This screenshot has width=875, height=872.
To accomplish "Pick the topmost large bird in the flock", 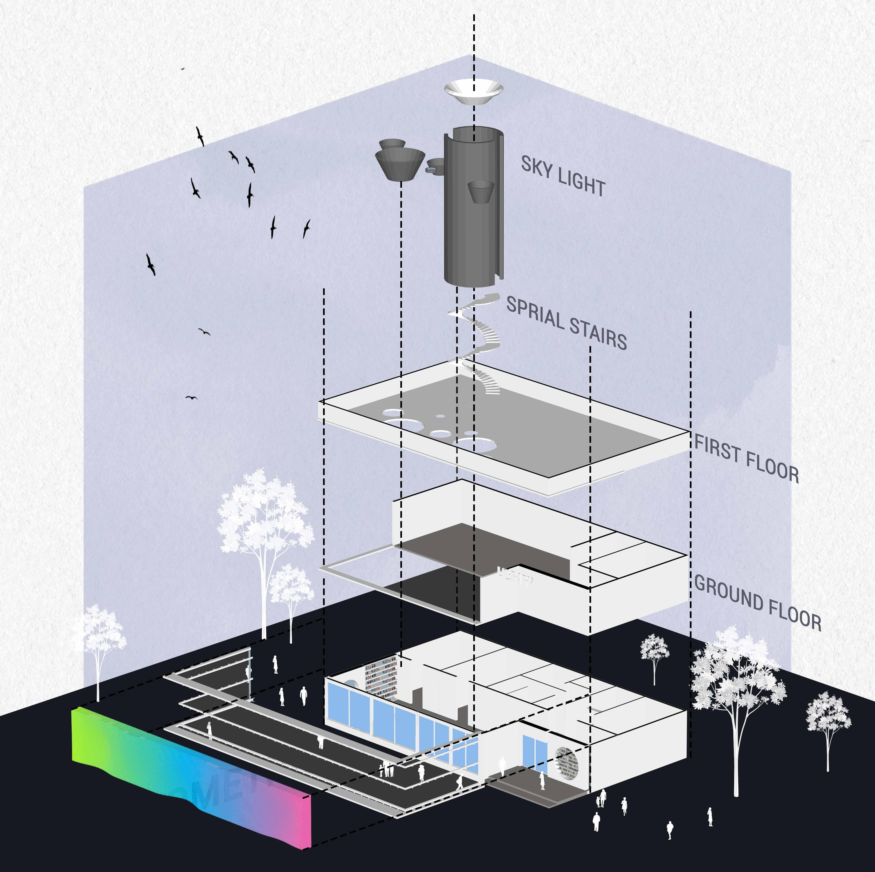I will coord(200,136).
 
